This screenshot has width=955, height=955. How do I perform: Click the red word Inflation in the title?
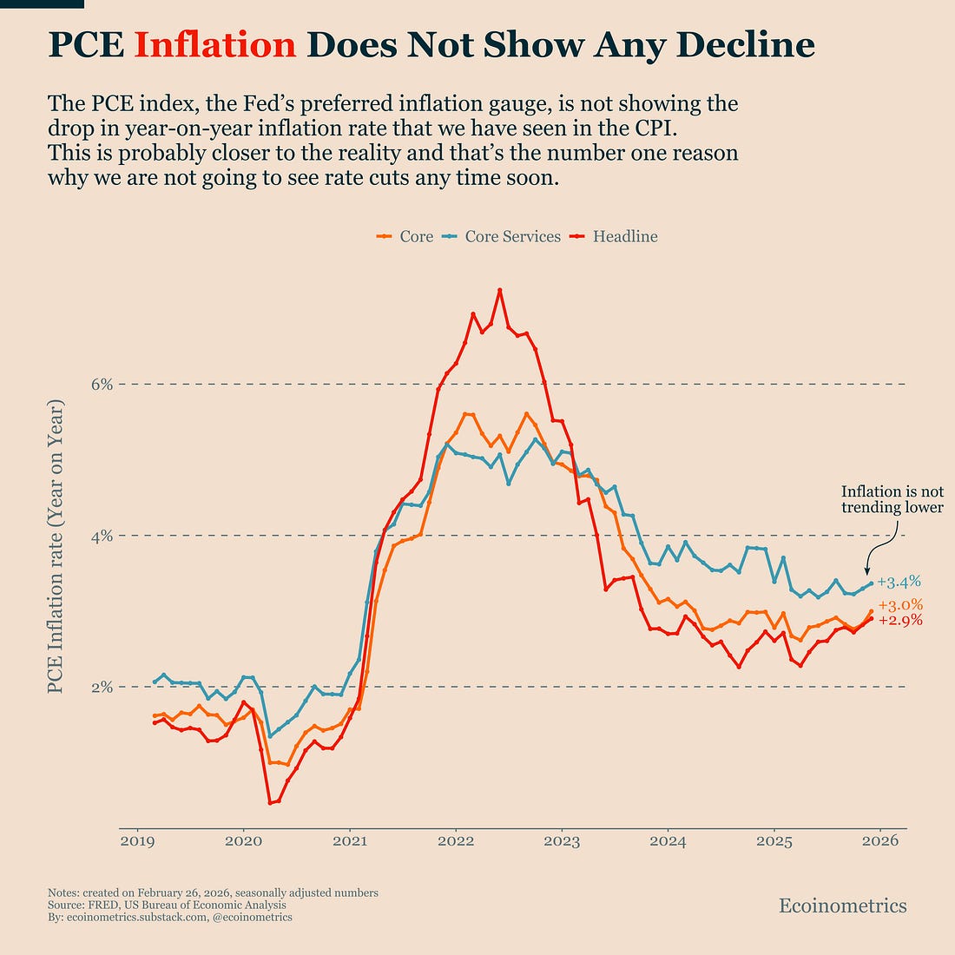coord(215,45)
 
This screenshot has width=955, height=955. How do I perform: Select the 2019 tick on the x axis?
coord(136,840)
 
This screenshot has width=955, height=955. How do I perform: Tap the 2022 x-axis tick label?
coord(455,840)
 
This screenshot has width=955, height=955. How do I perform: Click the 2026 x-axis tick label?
coord(880,840)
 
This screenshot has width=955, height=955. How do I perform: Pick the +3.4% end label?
coord(899,582)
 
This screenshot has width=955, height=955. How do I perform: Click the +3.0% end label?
coord(900,605)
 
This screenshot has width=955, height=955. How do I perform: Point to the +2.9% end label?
coord(900,621)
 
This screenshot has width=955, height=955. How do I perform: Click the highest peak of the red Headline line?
coord(500,290)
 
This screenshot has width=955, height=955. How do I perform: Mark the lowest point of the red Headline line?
coord(270,803)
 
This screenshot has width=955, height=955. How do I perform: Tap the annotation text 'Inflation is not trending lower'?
coord(892,499)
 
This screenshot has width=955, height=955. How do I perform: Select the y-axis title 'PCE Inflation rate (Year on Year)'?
coord(56,547)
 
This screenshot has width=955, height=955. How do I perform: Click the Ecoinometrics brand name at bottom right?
coord(842,906)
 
